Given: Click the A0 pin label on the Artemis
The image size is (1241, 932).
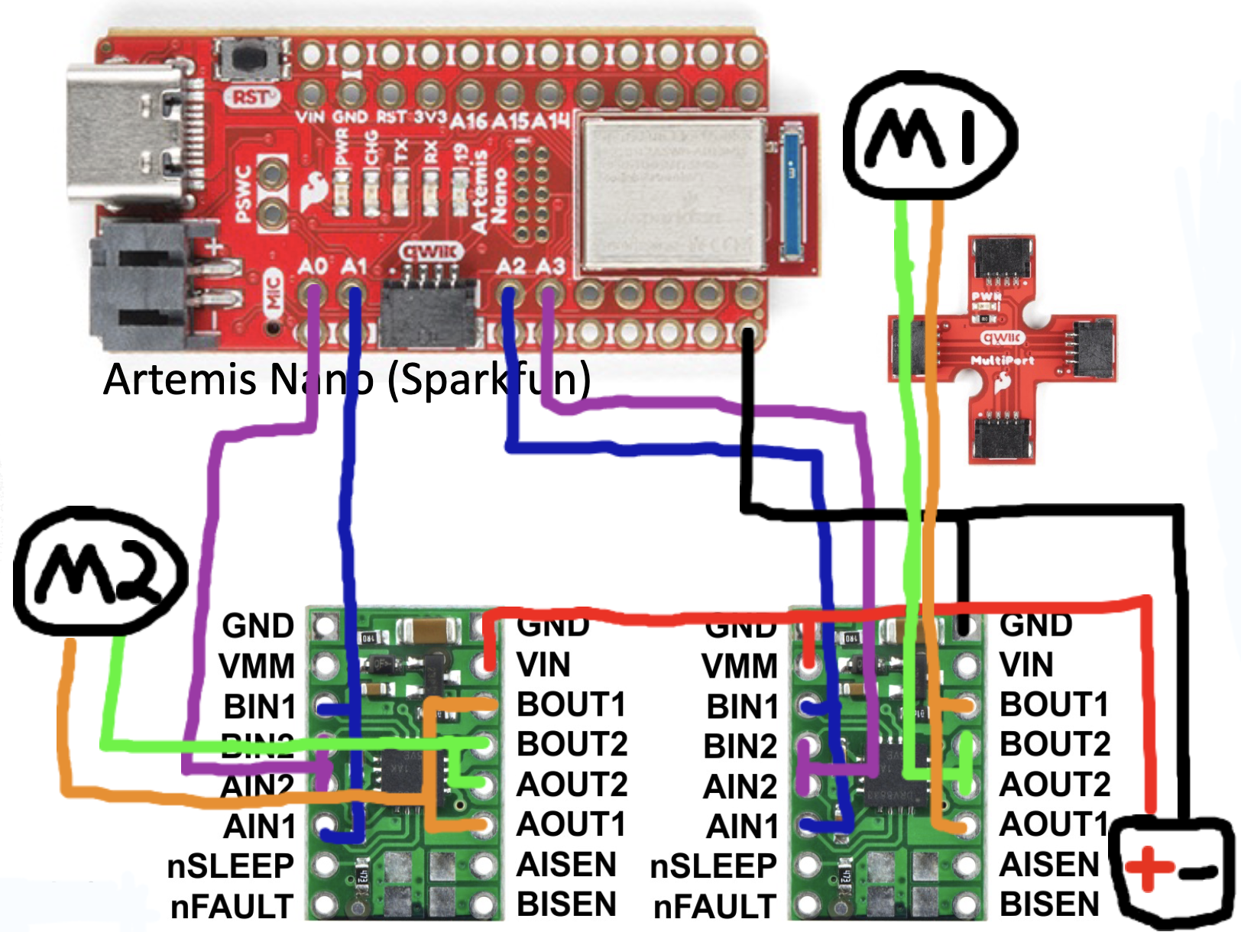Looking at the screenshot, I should click(x=313, y=267).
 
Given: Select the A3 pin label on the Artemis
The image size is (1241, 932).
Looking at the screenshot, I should click(x=550, y=267).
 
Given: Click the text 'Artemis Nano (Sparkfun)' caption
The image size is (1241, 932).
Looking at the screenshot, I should click(x=347, y=379).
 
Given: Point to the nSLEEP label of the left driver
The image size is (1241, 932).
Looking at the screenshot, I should click(x=230, y=866).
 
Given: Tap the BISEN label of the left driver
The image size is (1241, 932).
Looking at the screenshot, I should click(x=566, y=904).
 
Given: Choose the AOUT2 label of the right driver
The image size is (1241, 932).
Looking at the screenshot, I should click(x=1055, y=785).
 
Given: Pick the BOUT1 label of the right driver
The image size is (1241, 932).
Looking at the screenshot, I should click(x=1054, y=704).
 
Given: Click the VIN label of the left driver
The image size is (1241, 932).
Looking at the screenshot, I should click(x=543, y=665).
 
